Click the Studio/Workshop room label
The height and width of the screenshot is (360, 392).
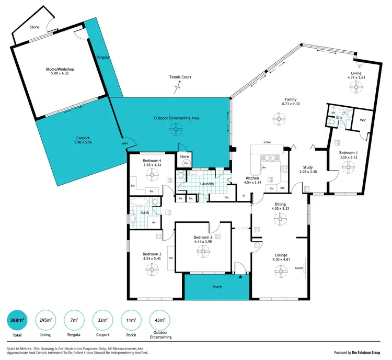click(59, 71)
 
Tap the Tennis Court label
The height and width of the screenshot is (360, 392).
click(180, 77)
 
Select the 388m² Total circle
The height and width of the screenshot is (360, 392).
click(17, 320)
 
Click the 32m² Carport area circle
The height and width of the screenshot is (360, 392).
click(103, 320)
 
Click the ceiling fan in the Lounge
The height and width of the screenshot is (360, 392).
click(280, 271)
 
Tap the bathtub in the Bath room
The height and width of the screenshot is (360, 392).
click(140, 203)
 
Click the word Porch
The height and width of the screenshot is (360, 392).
click(217, 287)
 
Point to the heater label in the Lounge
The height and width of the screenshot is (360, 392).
click(299, 268)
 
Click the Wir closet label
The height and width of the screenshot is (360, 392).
click(363, 120)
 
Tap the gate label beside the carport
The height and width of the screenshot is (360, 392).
click(125, 143)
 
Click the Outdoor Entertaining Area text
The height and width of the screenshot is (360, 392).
click(177, 118)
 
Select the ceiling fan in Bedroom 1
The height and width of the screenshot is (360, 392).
click(347, 166)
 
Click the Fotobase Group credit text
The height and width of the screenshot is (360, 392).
click(356, 352)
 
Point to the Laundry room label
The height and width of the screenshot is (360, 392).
click(206, 184)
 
